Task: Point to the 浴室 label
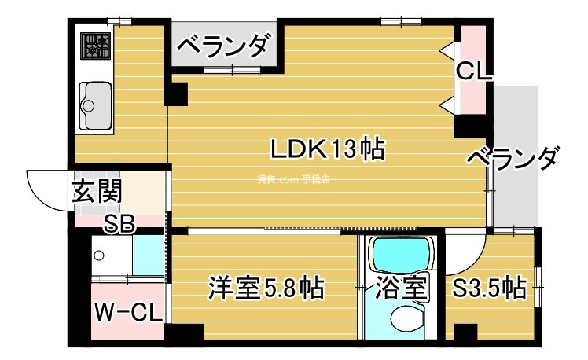tap(400, 288)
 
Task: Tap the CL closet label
tap(474, 72)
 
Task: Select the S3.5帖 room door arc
tap(466, 250)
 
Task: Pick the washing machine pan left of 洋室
tap(111, 255)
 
